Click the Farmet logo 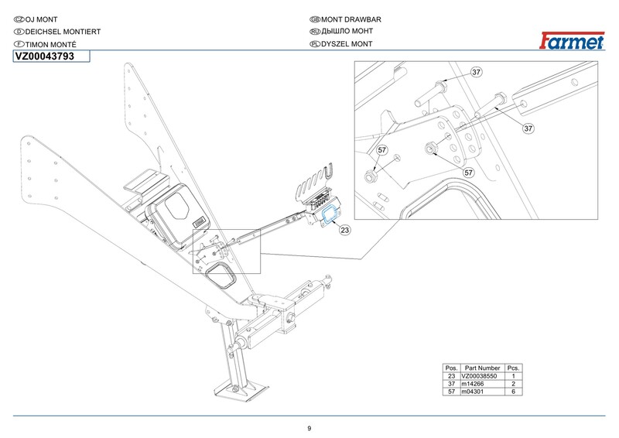tap(572, 41)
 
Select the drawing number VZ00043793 tap(45, 56)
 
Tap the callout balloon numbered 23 tap(344, 230)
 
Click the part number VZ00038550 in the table tap(479, 376)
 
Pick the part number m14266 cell tap(473, 384)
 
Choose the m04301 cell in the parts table tap(473, 392)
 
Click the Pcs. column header tap(513, 368)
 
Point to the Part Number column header tap(482, 368)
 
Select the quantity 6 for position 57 tap(513, 392)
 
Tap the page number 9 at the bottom tap(309, 429)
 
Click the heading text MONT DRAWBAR tap(351, 19)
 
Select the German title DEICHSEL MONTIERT tap(63, 32)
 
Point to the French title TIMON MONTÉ tap(51, 44)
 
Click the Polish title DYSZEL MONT tap(347, 44)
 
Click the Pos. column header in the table tap(451, 368)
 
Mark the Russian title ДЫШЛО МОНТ tap(347, 31)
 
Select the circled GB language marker tap(315, 20)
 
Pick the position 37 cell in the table tap(451, 384)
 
